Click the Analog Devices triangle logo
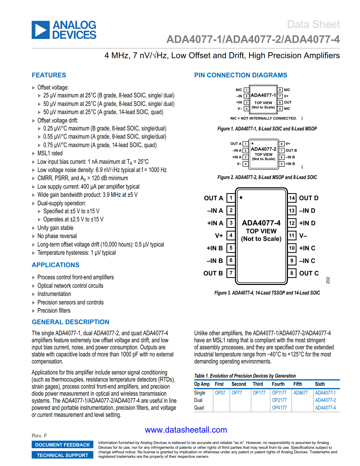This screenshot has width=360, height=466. point(41,30)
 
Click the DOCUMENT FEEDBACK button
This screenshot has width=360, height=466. point(62,445)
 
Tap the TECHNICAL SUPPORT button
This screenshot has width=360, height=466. point(62,455)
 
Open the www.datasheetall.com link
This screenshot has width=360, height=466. point(186,430)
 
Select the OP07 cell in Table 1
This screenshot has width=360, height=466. point(220,393)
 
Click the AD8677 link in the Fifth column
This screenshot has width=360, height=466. point(300,393)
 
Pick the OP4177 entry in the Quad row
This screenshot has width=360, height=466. point(279,408)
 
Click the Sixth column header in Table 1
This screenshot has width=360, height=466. point(320,384)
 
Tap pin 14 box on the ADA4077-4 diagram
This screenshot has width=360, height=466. point(292,198)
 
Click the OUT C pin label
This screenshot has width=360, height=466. point(309,273)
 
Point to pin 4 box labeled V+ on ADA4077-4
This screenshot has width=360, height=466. point(231,235)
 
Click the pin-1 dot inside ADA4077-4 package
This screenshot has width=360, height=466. point(241,198)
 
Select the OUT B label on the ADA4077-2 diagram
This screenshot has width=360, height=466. point(291,151)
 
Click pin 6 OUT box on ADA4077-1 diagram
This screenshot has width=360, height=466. point(280,103)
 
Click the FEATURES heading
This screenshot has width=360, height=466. point(49,75)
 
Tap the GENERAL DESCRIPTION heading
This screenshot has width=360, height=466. point(70,322)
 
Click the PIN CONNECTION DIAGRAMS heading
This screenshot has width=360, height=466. point(241,75)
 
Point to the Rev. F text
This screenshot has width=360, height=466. point(39,436)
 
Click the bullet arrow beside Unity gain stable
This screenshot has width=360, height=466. point(34,228)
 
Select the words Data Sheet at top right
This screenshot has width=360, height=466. point(313,25)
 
